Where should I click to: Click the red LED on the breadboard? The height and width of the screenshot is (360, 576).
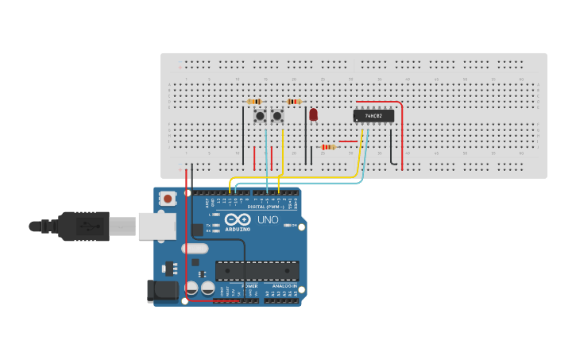(x=313, y=114)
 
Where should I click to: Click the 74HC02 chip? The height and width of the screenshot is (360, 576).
(x=373, y=116)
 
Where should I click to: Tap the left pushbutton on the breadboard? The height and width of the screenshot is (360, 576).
(x=260, y=116)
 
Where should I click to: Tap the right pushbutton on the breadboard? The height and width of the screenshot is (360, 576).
(x=277, y=116)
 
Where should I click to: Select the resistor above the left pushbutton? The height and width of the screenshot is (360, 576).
(x=255, y=102)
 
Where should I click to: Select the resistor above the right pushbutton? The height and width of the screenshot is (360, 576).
(x=294, y=102)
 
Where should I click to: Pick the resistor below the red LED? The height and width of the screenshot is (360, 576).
(x=327, y=147)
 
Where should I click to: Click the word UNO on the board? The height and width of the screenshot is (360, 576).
(x=268, y=220)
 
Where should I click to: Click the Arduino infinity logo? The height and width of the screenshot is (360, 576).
(x=238, y=219)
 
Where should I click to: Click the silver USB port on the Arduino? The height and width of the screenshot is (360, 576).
(x=157, y=226)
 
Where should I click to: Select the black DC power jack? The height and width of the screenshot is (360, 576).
(x=163, y=291)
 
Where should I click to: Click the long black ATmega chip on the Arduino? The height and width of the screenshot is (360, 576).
(x=257, y=270)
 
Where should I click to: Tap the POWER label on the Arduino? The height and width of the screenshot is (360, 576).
(x=250, y=286)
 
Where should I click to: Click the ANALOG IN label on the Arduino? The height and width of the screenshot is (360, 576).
(x=284, y=286)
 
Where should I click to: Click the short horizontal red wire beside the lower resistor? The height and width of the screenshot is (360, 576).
(x=347, y=141)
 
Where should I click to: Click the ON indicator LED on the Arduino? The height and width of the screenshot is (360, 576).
(x=286, y=226)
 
